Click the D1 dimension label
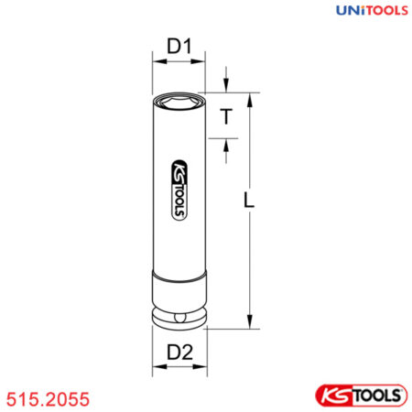point(178,44)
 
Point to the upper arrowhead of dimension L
point(247,97)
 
